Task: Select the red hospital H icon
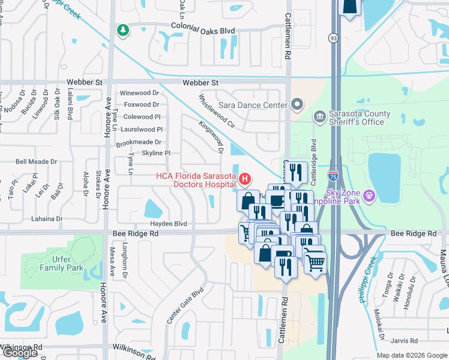click(244, 179)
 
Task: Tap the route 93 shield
click(333, 38)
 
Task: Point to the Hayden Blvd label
click(172, 223)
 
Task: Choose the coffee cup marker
click(277, 200)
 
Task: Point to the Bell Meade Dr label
click(36, 162)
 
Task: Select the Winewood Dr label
click(139, 93)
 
